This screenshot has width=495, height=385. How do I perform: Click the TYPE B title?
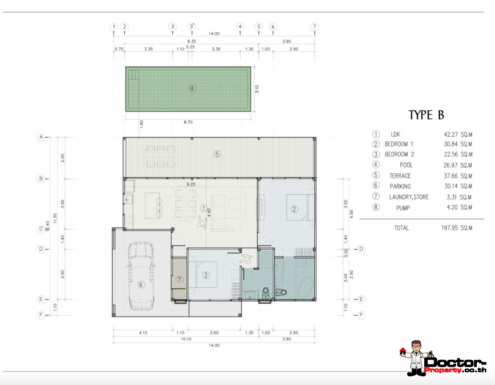coord(426,115)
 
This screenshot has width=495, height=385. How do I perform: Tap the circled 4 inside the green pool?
coord(192,89)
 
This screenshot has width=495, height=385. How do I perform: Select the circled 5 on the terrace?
coord(217,154)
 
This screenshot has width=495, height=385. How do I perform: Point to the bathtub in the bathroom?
coord(306,287)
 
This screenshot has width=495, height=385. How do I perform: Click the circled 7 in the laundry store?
coord(180,279)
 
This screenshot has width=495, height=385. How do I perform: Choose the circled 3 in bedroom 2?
coord(206,275)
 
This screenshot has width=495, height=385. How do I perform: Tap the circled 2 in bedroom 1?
coord(294,209)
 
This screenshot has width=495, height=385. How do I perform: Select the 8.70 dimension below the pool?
coord(188,122)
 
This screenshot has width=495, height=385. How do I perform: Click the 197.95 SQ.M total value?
coord(456,228)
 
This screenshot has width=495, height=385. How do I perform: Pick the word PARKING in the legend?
coord(400,187)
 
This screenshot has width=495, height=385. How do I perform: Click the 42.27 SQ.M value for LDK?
coord(458,135)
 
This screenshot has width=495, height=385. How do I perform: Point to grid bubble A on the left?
coord(41,137)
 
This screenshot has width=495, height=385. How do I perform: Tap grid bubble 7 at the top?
coord(314,27)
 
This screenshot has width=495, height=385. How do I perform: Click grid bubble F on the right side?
coord(361,315)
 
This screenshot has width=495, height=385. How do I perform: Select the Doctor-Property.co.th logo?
coord(442,359)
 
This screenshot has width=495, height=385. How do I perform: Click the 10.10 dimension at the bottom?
coord(186,339)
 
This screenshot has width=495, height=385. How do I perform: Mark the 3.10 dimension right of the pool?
coord(257,89)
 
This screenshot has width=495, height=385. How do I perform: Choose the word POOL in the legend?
coord(406,165)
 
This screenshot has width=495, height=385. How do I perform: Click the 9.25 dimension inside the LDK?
coord(191,184)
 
